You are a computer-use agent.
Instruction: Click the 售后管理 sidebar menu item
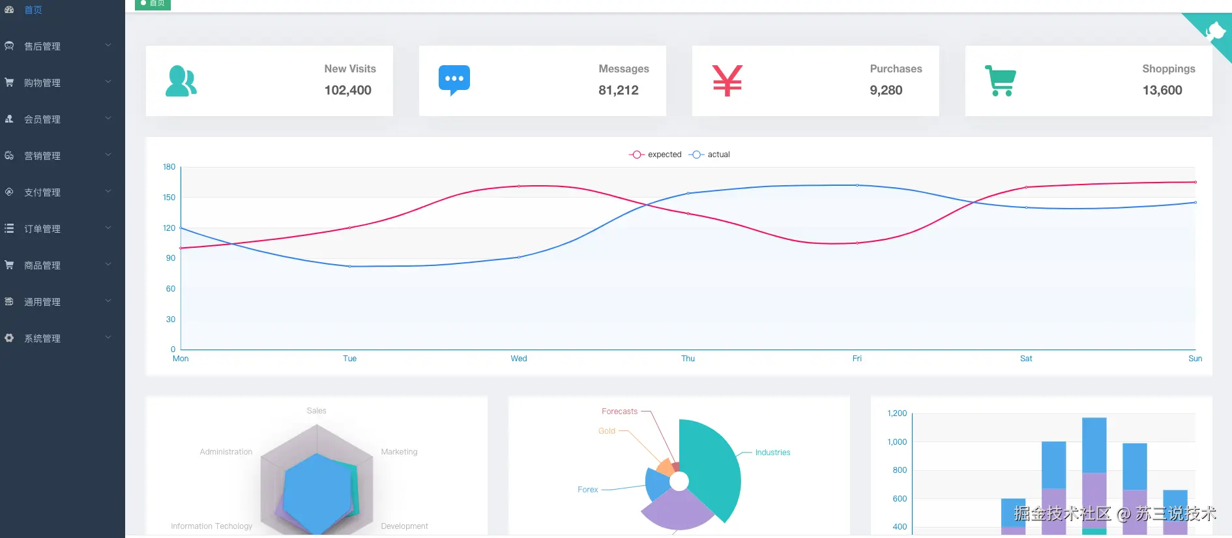(42, 46)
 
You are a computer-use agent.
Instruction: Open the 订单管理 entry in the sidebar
(42, 229)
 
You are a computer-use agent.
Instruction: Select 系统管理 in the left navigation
(42, 338)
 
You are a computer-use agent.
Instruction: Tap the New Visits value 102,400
(347, 91)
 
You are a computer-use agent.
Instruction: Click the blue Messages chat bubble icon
(454, 80)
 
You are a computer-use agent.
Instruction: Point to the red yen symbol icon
(727, 81)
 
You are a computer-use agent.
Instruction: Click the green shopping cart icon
(1000, 81)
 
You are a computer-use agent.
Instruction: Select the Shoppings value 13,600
(1162, 91)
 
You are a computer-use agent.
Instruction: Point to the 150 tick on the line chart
(169, 198)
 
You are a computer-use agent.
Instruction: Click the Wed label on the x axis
(519, 359)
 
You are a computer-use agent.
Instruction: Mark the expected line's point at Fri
(857, 243)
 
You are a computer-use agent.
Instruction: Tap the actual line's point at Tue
(350, 266)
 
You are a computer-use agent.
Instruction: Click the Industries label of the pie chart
(772, 453)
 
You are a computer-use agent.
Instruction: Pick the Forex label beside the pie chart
(587, 490)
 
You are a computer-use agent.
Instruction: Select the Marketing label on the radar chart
(399, 452)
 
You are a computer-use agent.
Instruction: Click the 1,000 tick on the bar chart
(897, 442)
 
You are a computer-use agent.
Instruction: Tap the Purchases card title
(896, 69)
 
